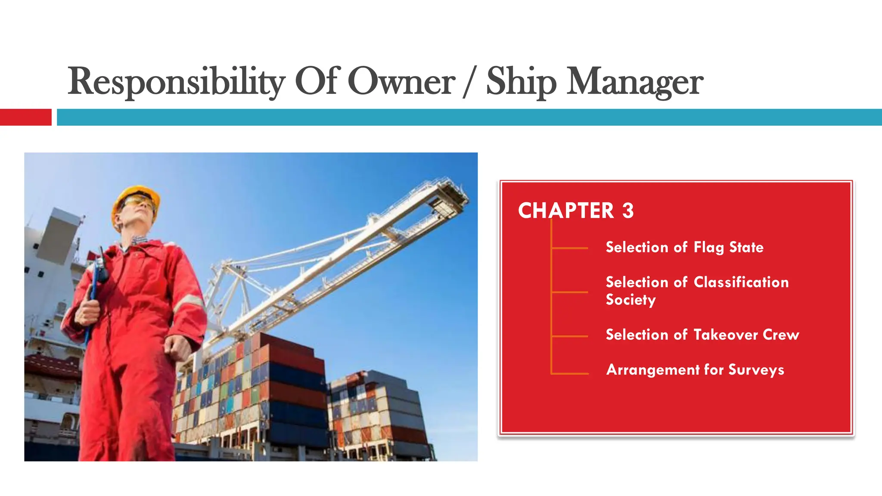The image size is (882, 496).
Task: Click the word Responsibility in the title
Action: (x=176, y=82)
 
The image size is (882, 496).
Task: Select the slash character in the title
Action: (x=470, y=82)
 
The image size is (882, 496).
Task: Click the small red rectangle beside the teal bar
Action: (x=25, y=117)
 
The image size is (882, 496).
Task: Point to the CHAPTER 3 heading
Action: (x=575, y=211)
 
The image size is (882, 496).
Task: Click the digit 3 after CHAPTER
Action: (x=628, y=211)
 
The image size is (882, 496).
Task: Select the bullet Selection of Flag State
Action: (x=684, y=247)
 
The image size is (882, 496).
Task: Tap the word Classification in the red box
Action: (x=741, y=282)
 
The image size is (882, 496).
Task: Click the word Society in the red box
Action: (x=630, y=300)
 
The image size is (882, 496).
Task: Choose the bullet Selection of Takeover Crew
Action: (x=702, y=335)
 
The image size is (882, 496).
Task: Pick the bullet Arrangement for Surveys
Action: (x=695, y=369)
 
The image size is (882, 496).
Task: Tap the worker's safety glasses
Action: (x=139, y=202)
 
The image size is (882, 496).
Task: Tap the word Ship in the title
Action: (x=521, y=82)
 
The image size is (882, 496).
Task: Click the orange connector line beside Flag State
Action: (x=570, y=248)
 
